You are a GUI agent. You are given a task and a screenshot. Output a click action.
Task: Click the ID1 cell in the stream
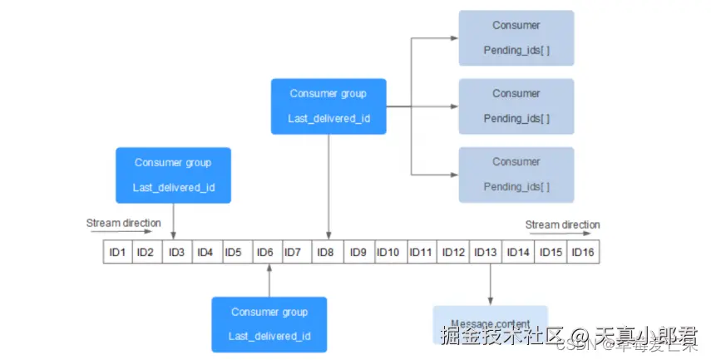click(117, 252)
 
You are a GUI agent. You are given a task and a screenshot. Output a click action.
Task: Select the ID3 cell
click(176, 252)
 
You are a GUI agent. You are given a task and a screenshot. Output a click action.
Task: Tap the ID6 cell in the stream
click(264, 252)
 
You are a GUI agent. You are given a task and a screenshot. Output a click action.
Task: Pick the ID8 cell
click(328, 252)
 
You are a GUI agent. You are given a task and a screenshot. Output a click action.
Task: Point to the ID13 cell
click(486, 252)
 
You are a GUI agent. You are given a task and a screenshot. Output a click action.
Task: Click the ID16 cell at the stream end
click(583, 252)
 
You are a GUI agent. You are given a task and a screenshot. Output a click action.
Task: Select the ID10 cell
click(388, 252)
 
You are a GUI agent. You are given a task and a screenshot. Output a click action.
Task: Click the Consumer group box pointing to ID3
click(173, 175)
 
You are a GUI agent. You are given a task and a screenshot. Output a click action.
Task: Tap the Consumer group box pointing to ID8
click(328, 106)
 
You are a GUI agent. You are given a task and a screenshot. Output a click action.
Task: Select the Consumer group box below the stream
click(269, 324)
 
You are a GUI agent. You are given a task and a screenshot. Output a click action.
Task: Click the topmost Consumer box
click(516, 37)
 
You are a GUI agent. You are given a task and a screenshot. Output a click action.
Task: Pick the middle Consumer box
click(516, 106)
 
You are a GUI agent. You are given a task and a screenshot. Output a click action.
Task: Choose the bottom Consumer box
click(516, 174)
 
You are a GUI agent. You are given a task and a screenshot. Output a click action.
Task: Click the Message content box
click(489, 323)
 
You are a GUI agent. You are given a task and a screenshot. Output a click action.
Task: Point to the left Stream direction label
click(123, 224)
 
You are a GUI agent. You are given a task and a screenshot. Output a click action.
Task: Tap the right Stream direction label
click(562, 224)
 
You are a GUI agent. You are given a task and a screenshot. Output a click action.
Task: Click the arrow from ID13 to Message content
click(490, 284)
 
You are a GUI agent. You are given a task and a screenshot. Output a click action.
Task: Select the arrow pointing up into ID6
click(269, 280)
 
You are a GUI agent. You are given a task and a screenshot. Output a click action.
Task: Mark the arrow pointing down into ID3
click(173, 221)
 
